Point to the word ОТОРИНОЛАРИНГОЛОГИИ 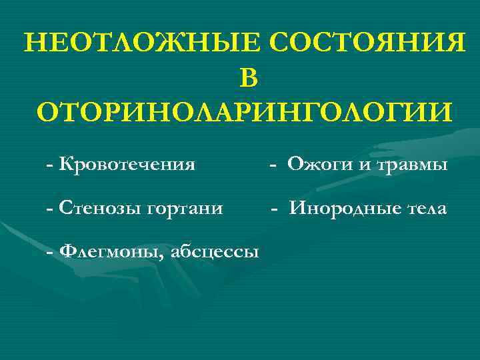coord(244,111)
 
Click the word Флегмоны coord(111,251)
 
